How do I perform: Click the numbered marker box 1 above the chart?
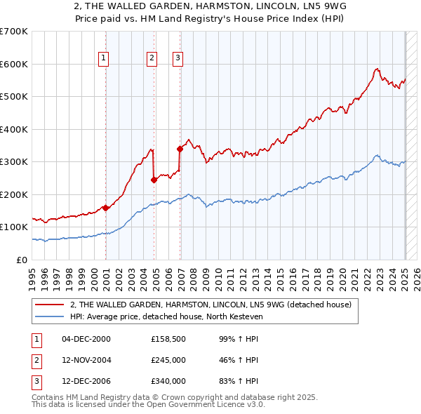(103, 58)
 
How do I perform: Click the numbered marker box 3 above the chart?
(178, 58)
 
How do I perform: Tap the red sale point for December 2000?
(106, 208)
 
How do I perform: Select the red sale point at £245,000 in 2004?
(154, 180)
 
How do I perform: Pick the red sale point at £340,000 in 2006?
(180, 149)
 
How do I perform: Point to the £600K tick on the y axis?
(14, 64)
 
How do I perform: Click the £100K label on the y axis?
(14, 227)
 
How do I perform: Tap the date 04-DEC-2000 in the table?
(86, 339)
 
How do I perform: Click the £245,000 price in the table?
(168, 360)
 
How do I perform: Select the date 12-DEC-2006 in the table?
(86, 381)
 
